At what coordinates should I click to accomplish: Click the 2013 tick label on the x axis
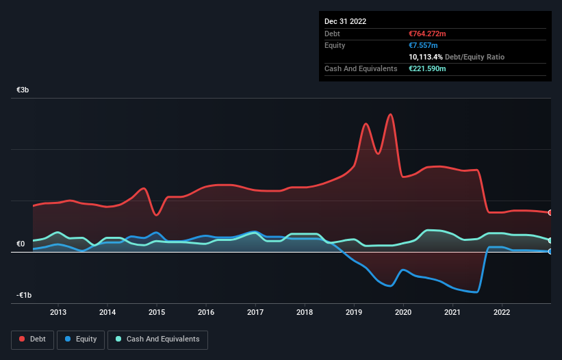58,312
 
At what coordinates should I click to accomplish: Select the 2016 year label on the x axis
206,312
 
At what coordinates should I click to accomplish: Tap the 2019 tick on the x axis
354,312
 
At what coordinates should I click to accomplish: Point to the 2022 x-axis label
502,312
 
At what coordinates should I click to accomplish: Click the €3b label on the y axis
23,90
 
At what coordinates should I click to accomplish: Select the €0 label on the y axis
21,244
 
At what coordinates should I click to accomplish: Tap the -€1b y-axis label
25,295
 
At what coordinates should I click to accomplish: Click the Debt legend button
32,339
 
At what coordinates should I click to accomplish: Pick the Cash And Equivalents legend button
157,339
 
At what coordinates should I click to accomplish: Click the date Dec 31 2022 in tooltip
346,21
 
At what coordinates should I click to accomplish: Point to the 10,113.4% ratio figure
424,57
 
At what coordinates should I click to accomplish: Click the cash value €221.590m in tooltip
426,68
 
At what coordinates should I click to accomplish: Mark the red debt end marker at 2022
550,213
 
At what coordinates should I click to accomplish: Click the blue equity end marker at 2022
550,251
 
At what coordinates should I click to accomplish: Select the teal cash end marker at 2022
550,240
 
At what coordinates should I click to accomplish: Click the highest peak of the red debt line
390,114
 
